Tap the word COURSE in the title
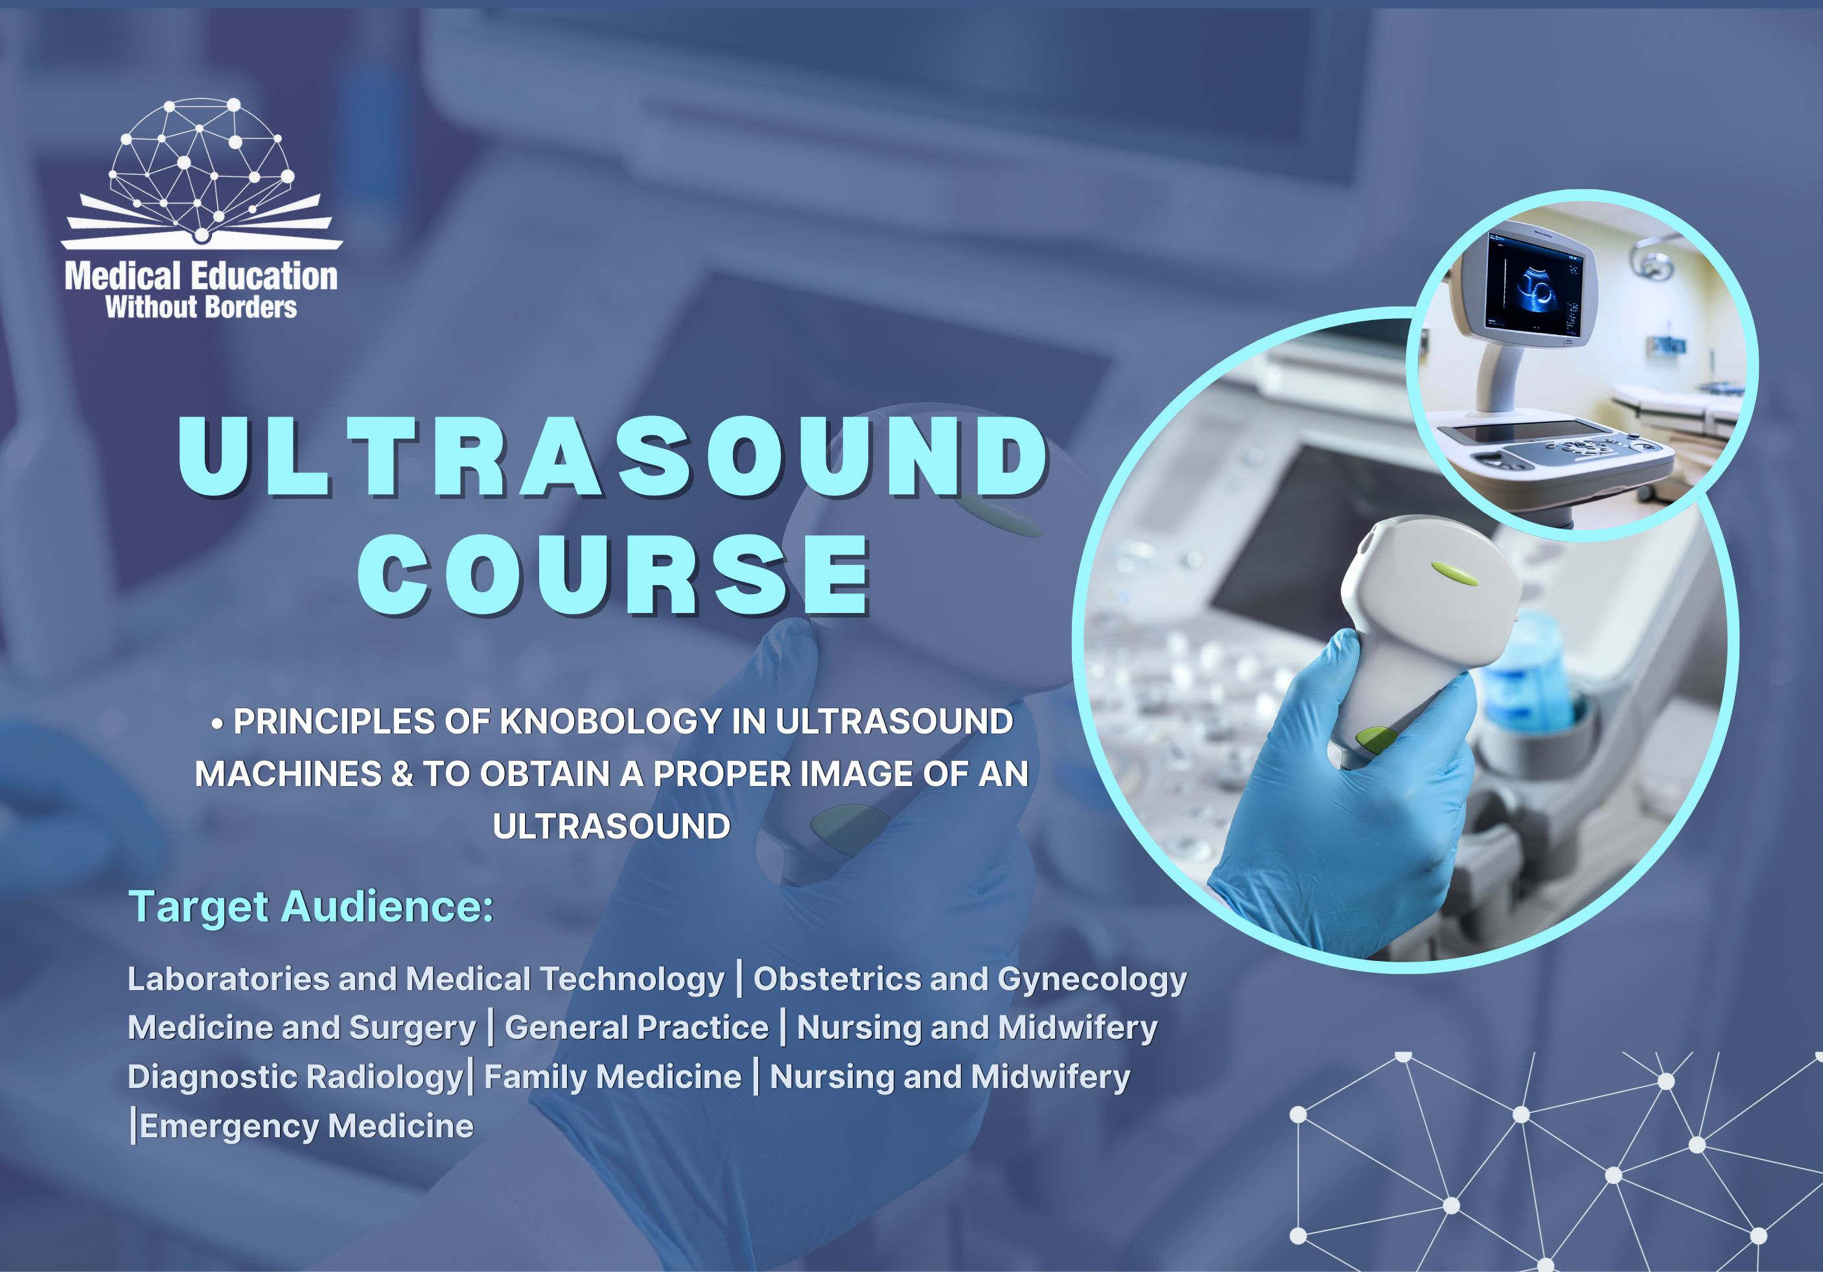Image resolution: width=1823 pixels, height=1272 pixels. pos(614,574)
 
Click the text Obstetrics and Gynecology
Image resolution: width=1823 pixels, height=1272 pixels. pos(970,980)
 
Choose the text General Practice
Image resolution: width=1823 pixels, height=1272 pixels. pos(637,1028)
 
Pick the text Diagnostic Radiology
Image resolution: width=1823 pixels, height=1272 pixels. pos(296,1078)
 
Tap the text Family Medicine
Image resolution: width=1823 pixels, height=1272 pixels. pos(613,1078)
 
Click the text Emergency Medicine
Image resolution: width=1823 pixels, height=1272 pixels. pos(307,1126)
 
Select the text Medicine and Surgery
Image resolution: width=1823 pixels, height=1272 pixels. pos(302,1028)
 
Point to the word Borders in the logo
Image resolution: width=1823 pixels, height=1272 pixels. pos(251,307)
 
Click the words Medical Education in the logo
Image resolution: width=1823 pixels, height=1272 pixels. pos(202,275)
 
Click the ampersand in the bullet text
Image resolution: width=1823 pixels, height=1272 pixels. pos(402,775)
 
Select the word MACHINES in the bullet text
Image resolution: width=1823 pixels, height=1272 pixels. pos(288,775)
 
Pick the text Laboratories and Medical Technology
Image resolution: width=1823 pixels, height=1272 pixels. pos(426,980)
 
